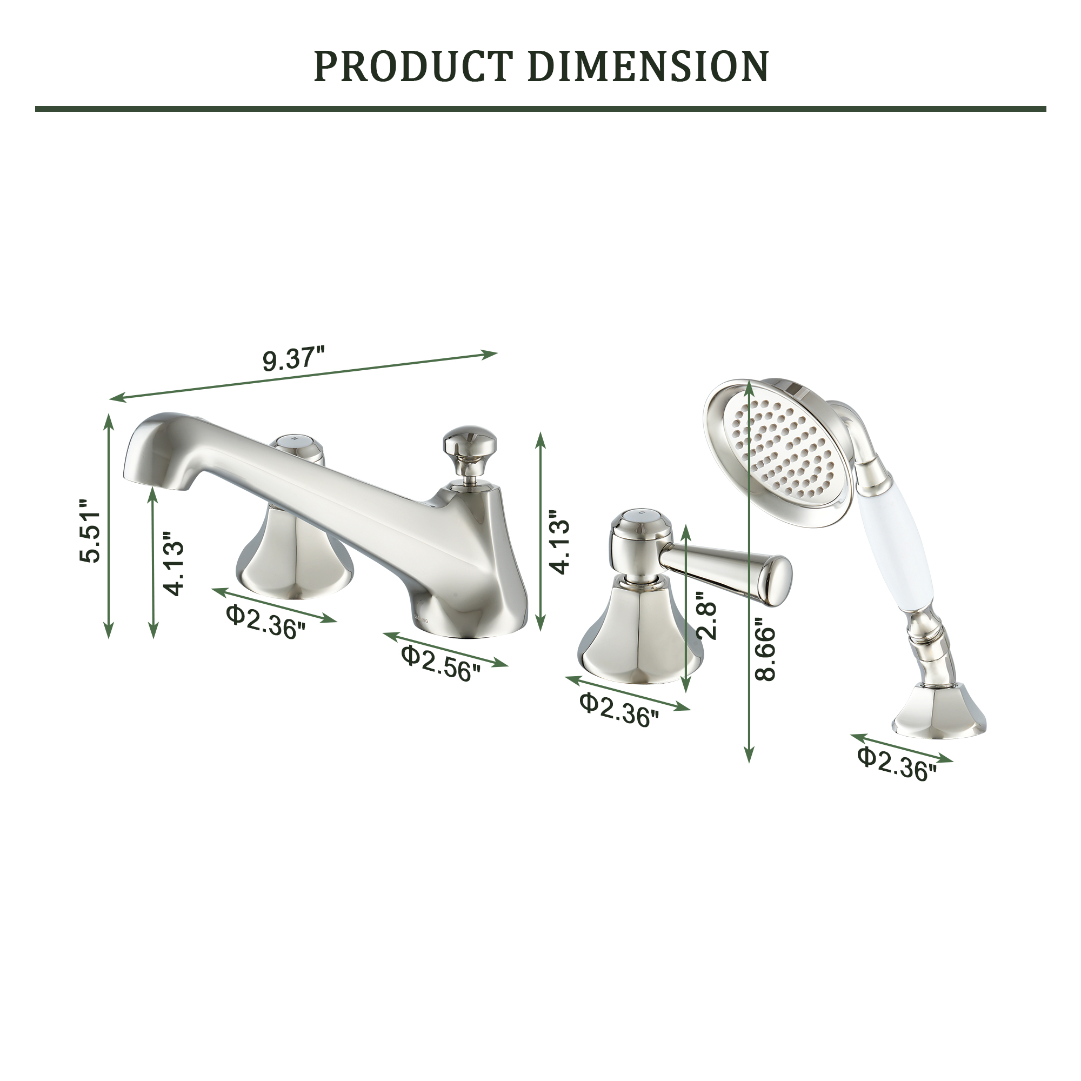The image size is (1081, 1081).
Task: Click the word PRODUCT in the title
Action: [x=413, y=66]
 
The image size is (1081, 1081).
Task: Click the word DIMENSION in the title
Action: [x=648, y=66]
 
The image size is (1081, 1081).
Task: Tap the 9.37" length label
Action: [x=293, y=359]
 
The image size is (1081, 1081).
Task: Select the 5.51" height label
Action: [x=90, y=529]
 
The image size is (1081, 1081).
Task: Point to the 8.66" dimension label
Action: [x=765, y=649]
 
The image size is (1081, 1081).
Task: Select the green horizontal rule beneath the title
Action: [x=540, y=109]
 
